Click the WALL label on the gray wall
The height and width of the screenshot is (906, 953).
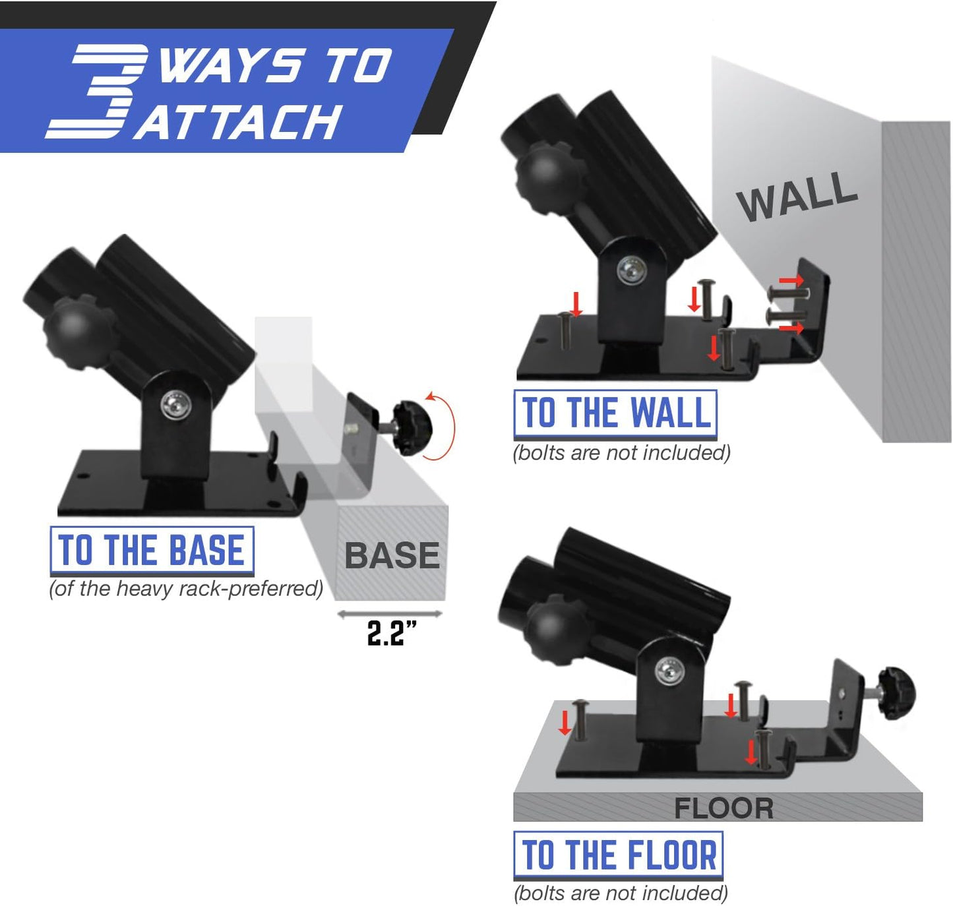(x=797, y=196)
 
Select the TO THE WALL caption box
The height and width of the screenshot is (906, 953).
(x=615, y=413)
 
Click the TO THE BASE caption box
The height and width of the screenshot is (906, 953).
(x=152, y=551)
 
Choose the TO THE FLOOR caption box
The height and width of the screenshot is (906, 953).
(x=618, y=855)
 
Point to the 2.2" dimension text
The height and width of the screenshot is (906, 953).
(x=391, y=634)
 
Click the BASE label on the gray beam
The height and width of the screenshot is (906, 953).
(x=392, y=555)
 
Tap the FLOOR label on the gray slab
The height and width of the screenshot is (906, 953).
(x=723, y=808)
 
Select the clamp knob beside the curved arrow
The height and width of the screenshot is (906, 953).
(x=412, y=428)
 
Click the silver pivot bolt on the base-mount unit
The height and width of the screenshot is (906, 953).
(x=175, y=404)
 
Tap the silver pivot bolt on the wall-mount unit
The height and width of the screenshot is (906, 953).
(x=630, y=270)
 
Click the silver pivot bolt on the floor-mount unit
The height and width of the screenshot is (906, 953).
(x=669, y=673)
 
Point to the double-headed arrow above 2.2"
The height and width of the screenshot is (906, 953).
(x=389, y=615)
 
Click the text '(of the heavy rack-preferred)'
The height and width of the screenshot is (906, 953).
(x=186, y=588)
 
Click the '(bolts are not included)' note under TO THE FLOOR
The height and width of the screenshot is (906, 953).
(x=621, y=893)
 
